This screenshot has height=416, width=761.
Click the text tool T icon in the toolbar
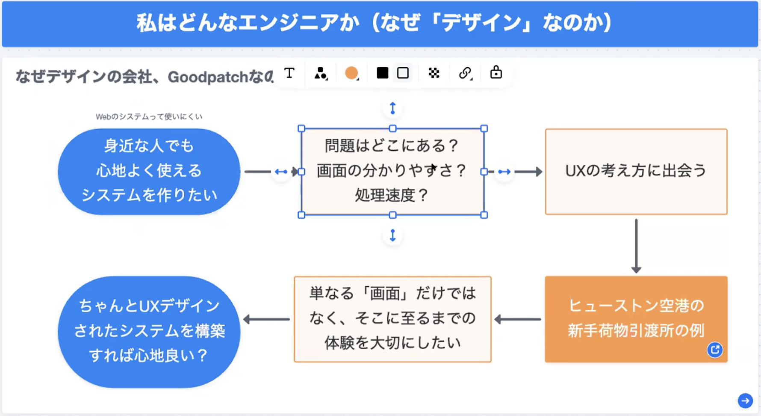pyautogui.click(x=289, y=73)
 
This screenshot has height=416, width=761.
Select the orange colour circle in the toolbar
pyautogui.click(x=351, y=73)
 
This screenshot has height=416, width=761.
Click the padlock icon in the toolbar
pyautogui.click(x=496, y=73)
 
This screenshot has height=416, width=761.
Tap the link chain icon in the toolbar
pyautogui.click(x=465, y=73)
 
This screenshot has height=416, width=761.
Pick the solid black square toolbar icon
pyautogui.click(x=382, y=73)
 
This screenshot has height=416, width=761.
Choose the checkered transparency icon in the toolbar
pyautogui.click(x=434, y=73)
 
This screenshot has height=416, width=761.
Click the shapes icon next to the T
pyautogui.click(x=320, y=73)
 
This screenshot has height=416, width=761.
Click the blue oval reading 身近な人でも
pyautogui.click(x=149, y=171)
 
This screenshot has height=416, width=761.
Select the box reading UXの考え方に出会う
pyautogui.click(x=636, y=171)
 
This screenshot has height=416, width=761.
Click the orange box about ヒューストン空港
pyautogui.click(x=636, y=319)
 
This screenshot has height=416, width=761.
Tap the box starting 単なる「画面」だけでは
pyautogui.click(x=392, y=319)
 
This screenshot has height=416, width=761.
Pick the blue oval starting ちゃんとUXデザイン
pyautogui.click(x=149, y=332)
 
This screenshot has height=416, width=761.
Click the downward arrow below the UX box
pyautogui.click(x=636, y=246)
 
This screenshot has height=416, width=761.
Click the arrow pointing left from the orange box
pyautogui.click(x=518, y=319)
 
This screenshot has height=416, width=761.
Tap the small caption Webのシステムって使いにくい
pyautogui.click(x=149, y=116)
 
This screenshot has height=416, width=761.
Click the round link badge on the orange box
pyautogui.click(x=714, y=350)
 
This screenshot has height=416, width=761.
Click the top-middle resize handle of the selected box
pyautogui.click(x=392, y=128)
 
